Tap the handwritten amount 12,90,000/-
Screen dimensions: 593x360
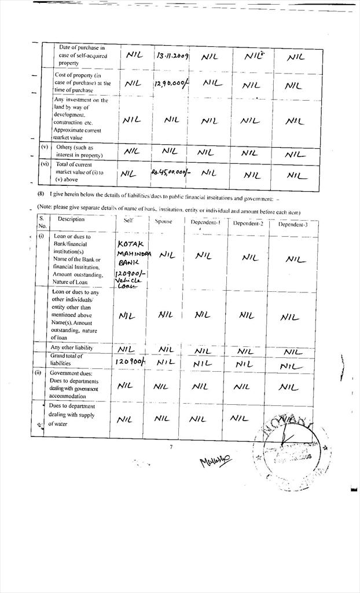tap(171, 85)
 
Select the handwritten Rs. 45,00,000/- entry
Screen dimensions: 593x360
tap(171, 172)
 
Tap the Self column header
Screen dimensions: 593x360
tap(128, 220)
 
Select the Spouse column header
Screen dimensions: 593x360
tap(164, 221)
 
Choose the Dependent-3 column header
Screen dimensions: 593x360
tap(293, 224)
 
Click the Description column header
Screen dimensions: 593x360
tap(71, 219)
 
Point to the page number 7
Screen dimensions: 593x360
tap(171, 447)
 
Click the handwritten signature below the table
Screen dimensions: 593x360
tap(215, 461)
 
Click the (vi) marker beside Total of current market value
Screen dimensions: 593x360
tap(44, 164)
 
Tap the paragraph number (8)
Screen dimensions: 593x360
tap(41, 193)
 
